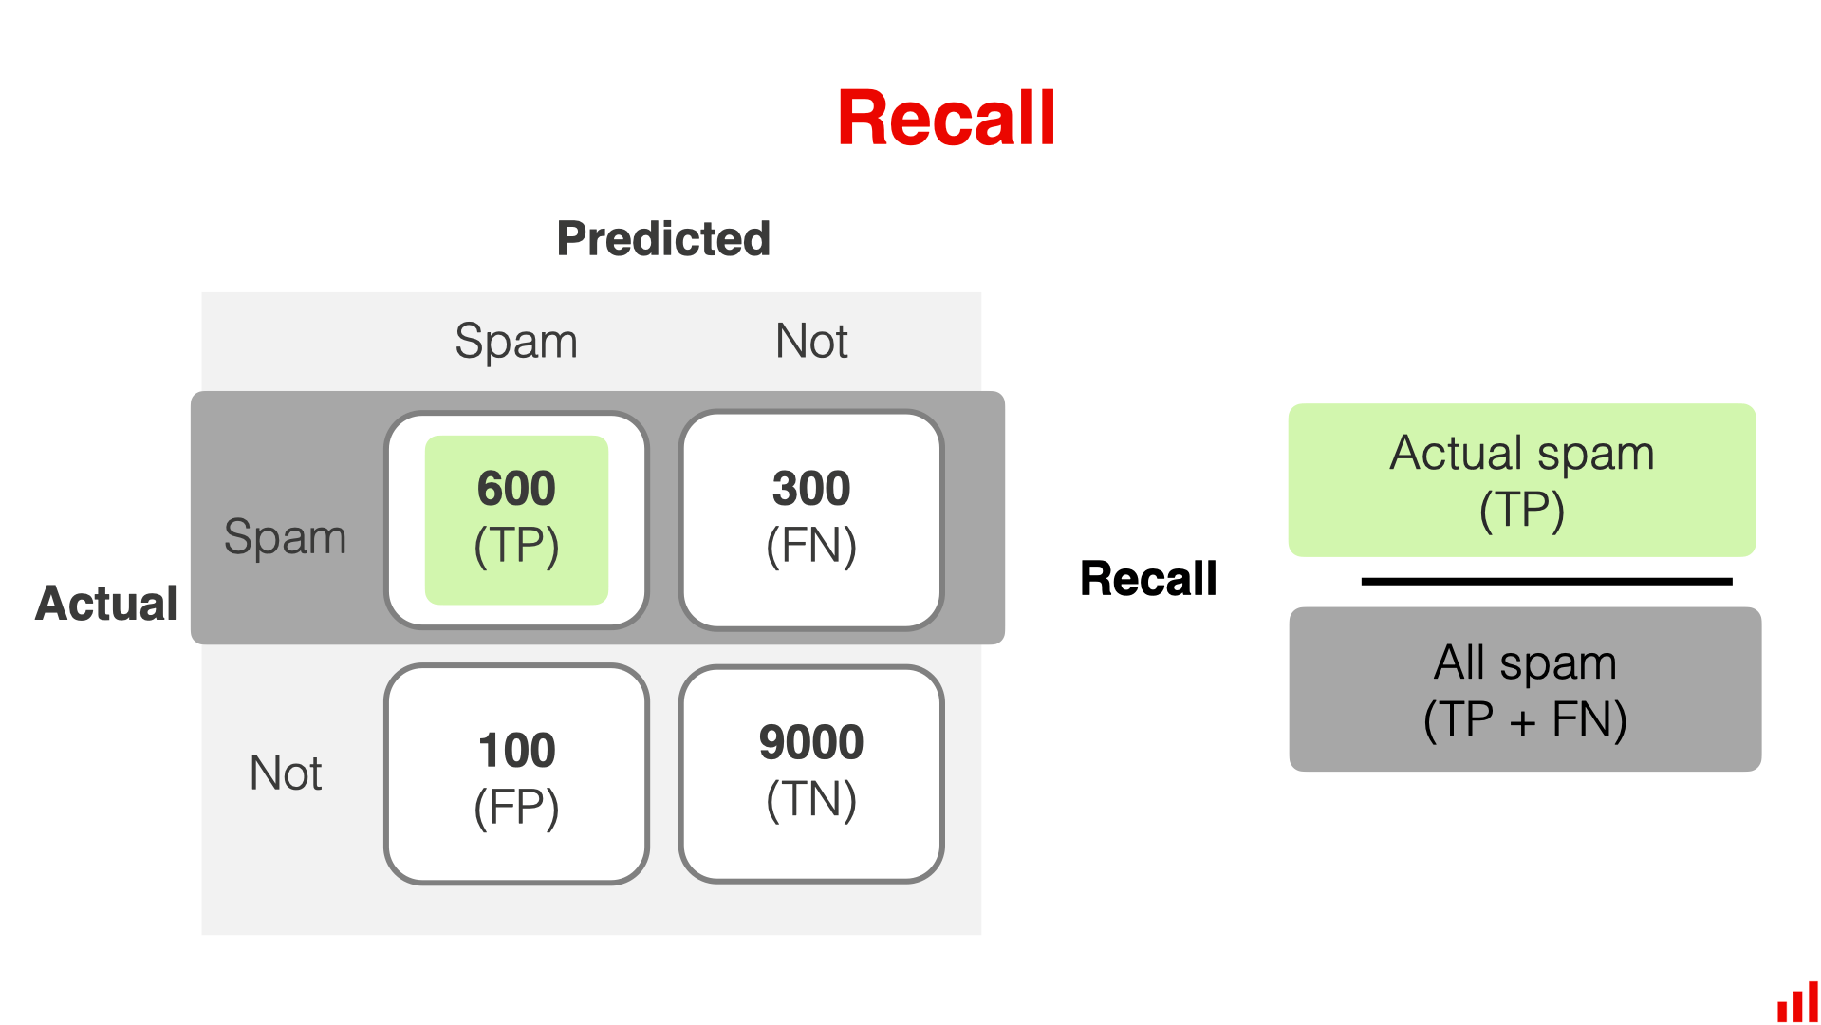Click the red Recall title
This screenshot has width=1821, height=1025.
(x=946, y=119)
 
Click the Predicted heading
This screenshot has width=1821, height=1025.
(x=662, y=238)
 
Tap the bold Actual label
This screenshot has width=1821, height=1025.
(x=106, y=603)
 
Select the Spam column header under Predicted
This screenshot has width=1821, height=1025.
(x=515, y=341)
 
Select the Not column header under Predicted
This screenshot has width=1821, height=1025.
(x=811, y=341)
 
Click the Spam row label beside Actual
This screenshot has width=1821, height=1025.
(x=285, y=537)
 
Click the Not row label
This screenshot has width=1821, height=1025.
(x=285, y=773)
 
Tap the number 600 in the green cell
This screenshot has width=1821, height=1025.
(x=516, y=489)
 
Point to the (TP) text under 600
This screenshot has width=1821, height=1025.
(x=516, y=546)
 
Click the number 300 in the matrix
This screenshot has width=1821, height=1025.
(x=811, y=489)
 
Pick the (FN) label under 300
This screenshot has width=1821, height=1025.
(x=811, y=546)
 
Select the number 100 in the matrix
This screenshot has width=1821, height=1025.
(x=516, y=751)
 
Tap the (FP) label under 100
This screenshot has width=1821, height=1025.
(x=516, y=808)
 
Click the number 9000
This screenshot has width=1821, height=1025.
(x=811, y=742)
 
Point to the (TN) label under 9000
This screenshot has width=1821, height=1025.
(x=811, y=799)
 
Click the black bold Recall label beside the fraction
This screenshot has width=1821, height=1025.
(x=1148, y=579)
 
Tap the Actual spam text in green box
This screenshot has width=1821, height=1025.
(x=1522, y=453)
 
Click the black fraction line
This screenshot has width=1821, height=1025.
(x=1546, y=581)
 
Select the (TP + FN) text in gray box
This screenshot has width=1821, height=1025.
(x=1525, y=719)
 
